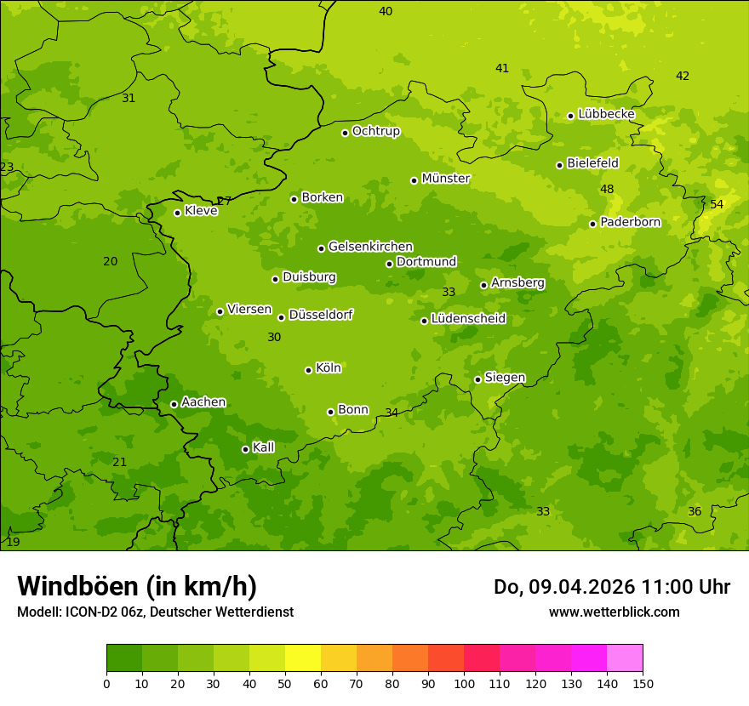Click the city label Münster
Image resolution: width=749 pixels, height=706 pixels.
pos(445,179)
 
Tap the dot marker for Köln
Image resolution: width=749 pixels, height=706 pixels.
pos(308,370)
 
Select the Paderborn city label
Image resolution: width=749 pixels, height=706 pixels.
pos(630,222)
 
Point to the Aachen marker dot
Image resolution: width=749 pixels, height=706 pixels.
pos(174,404)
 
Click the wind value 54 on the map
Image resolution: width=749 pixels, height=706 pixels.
pos(717,204)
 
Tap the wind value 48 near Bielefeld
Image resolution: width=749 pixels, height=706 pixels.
pos(607,189)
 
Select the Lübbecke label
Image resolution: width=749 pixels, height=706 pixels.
pos(606,114)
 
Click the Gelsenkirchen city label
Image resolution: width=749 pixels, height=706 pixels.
pos(370,247)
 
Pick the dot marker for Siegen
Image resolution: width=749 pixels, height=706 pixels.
pos(477,379)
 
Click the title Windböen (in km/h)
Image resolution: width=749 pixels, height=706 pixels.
pos(137,586)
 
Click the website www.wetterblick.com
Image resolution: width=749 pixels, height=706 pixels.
pos(614,612)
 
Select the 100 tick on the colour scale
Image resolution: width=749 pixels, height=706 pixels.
pos(464,683)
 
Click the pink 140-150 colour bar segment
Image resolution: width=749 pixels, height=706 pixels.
pos(625,658)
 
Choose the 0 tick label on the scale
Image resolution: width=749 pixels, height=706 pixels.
pos(106,683)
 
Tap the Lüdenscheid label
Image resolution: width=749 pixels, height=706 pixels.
pos(468,319)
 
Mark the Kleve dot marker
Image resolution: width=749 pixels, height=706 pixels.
pos(177,213)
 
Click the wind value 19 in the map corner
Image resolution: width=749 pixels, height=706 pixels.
pos(13,542)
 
